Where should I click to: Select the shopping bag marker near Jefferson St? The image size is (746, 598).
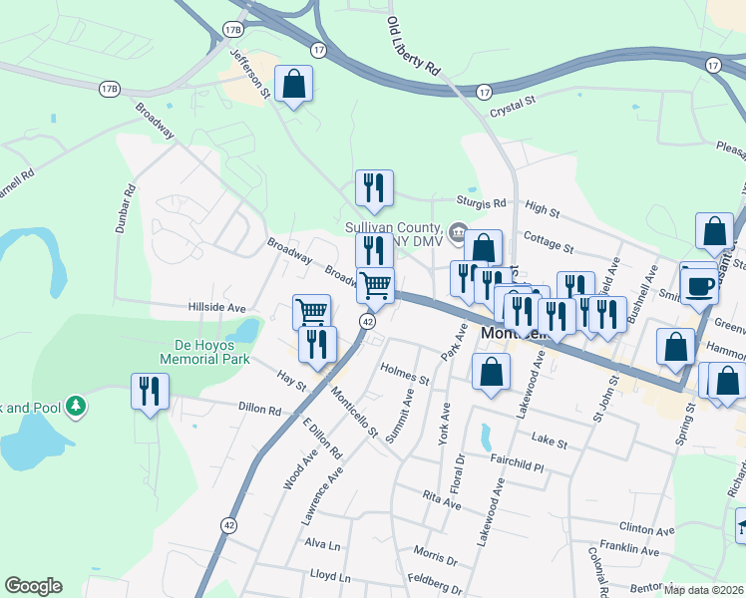pos(294,86)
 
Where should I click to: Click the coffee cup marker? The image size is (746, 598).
pos(699,285)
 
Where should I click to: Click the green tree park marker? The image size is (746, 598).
pos(76,406)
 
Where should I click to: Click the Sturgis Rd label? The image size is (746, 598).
pos(483,202)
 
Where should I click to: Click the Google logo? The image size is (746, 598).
pos(32,586)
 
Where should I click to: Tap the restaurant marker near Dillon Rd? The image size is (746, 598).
pos(150,392)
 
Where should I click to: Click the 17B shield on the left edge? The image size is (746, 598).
pos(109,90)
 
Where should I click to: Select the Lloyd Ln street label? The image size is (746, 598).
pos(330,577)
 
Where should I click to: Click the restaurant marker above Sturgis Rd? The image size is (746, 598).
pos(374,188)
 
